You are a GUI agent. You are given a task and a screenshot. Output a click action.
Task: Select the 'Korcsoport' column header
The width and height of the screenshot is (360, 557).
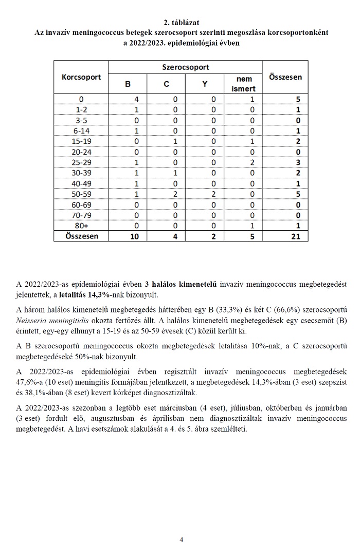click(x=81, y=78)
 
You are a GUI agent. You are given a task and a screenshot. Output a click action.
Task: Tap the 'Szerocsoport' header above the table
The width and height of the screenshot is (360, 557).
click(x=185, y=67)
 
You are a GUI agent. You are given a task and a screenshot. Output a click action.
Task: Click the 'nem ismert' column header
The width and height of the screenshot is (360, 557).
click(x=244, y=84)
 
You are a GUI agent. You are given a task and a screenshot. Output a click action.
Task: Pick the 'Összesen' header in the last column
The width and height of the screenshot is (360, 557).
click(x=285, y=77)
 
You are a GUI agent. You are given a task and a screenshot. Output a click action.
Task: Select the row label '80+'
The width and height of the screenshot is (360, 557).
click(x=81, y=226)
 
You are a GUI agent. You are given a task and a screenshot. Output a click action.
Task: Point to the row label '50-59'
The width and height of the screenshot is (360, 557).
click(x=81, y=194)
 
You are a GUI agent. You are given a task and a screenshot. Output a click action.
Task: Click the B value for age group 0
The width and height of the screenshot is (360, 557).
click(x=128, y=99)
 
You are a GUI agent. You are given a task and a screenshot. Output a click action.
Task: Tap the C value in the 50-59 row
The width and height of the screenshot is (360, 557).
click(x=167, y=194)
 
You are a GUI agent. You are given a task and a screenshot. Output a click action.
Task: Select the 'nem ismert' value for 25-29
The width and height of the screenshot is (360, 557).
click(x=244, y=161)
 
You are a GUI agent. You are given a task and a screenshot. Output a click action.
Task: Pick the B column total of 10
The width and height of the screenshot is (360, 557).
click(x=128, y=236)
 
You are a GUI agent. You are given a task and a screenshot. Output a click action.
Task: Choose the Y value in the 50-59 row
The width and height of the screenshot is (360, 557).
click(x=205, y=194)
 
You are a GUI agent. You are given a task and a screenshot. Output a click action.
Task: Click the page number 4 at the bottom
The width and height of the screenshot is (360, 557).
click(x=181, y=540)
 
